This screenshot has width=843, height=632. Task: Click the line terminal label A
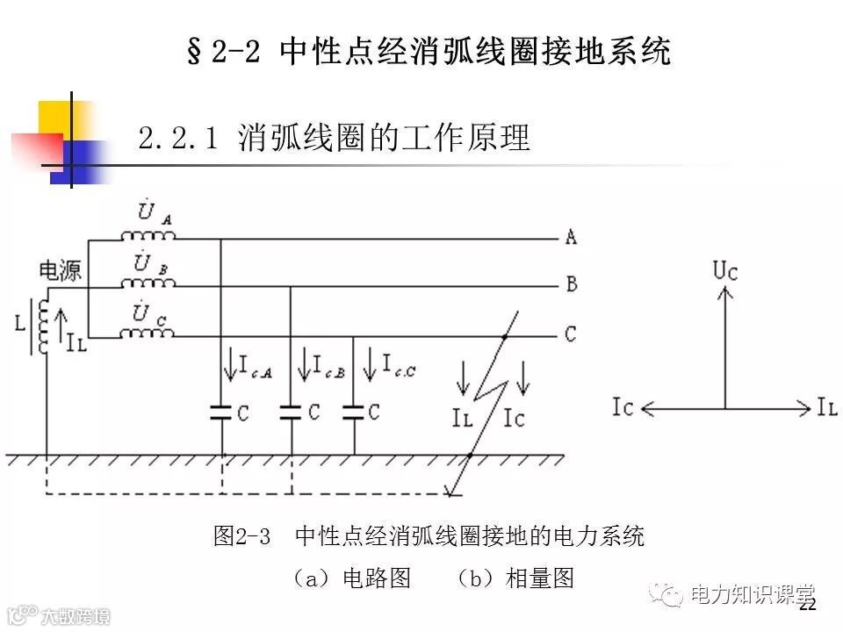pyautogui.click(x=571, y=237)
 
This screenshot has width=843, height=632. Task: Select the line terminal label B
pyautogui.click(x=571, y=284)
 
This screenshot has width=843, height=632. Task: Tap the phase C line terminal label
pyautogui.click(x=571, y=334)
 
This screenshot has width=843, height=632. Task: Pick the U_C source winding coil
pyautogui.click(x=148, y=333)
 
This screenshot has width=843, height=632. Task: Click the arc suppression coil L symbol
pyautogui.click(x=40, y=325)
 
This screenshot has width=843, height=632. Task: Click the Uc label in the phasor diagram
pyautogui.click(x=725, y=270)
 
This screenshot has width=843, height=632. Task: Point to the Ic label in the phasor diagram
pyautogui.click(x=624, y=407)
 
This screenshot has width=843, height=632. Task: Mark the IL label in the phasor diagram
pyautogui.click(x=826, y=407)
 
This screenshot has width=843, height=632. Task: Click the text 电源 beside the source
pyautogui.click(x=60, y=270)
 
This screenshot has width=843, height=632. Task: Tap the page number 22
pyautogui.click(x=808, y=605)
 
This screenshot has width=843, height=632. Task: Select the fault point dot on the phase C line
pyautogui.click(x=505, y=336)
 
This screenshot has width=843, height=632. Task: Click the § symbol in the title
pyautogui.click(x=195, y=51)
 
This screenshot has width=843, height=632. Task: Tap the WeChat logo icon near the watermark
pyautogui.click(x=670, y=595)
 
